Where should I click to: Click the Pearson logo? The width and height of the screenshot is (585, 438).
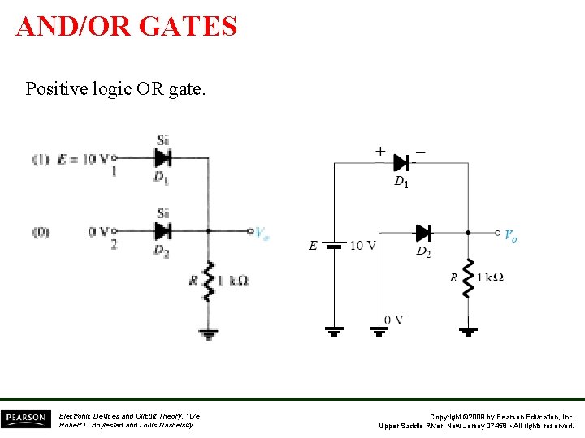point(25,419)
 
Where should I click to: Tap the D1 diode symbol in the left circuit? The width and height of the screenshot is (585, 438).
point(162,157)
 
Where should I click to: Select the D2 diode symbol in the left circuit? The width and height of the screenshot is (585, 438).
point(162,230)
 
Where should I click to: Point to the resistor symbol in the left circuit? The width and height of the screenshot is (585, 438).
point(209,281)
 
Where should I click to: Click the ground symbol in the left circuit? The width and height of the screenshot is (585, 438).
point(209,333)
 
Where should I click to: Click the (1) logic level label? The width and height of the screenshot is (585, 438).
point(41,159)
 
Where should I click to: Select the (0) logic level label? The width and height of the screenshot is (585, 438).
point(41,232)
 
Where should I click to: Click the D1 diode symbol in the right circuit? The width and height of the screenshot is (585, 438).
point(401,162)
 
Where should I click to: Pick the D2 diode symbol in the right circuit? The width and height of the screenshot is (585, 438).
point(422,234)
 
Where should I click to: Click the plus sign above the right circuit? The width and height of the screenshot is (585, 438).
point(379,150)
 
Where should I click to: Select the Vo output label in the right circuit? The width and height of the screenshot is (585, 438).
point(509,236)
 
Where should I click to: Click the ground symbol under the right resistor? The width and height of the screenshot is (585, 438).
point(468,331)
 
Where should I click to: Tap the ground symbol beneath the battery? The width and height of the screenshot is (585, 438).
point(334,331)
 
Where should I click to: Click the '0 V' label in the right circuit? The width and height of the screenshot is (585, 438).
point(393,320)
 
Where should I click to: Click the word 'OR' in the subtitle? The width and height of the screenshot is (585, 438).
point(154,88)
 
